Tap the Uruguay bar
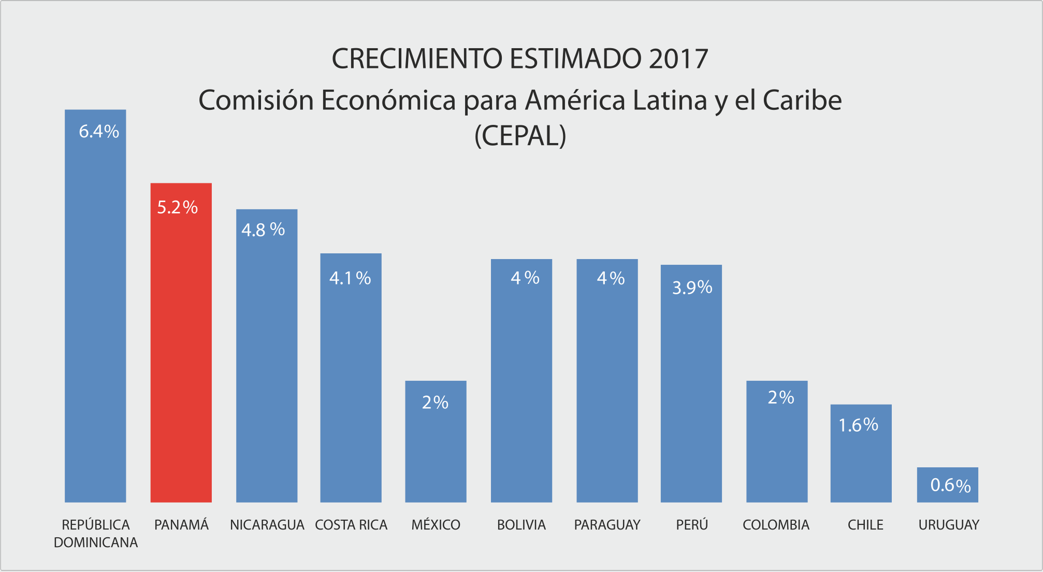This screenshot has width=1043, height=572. [947, 492]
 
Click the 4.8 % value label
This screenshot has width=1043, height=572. [263, 230]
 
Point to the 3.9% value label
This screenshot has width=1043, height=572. [692, 287]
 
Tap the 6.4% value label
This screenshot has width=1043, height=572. [99, 132]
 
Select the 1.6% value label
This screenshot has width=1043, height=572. [858, 425]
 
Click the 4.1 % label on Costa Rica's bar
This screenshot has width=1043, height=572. [350, 278]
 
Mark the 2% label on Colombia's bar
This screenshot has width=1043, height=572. [780, 397]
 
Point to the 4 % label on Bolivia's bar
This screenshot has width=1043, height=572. [525, 278]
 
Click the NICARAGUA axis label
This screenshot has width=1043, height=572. [267, 525]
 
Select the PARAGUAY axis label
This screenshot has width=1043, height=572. [607, 525]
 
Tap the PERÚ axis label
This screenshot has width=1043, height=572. [692, 525]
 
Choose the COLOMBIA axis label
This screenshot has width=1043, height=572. [776, 525]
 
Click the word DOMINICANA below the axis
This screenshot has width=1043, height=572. [96, 542]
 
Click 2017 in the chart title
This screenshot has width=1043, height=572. [678, 59]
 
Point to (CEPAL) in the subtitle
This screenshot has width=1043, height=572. [520, 136]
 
